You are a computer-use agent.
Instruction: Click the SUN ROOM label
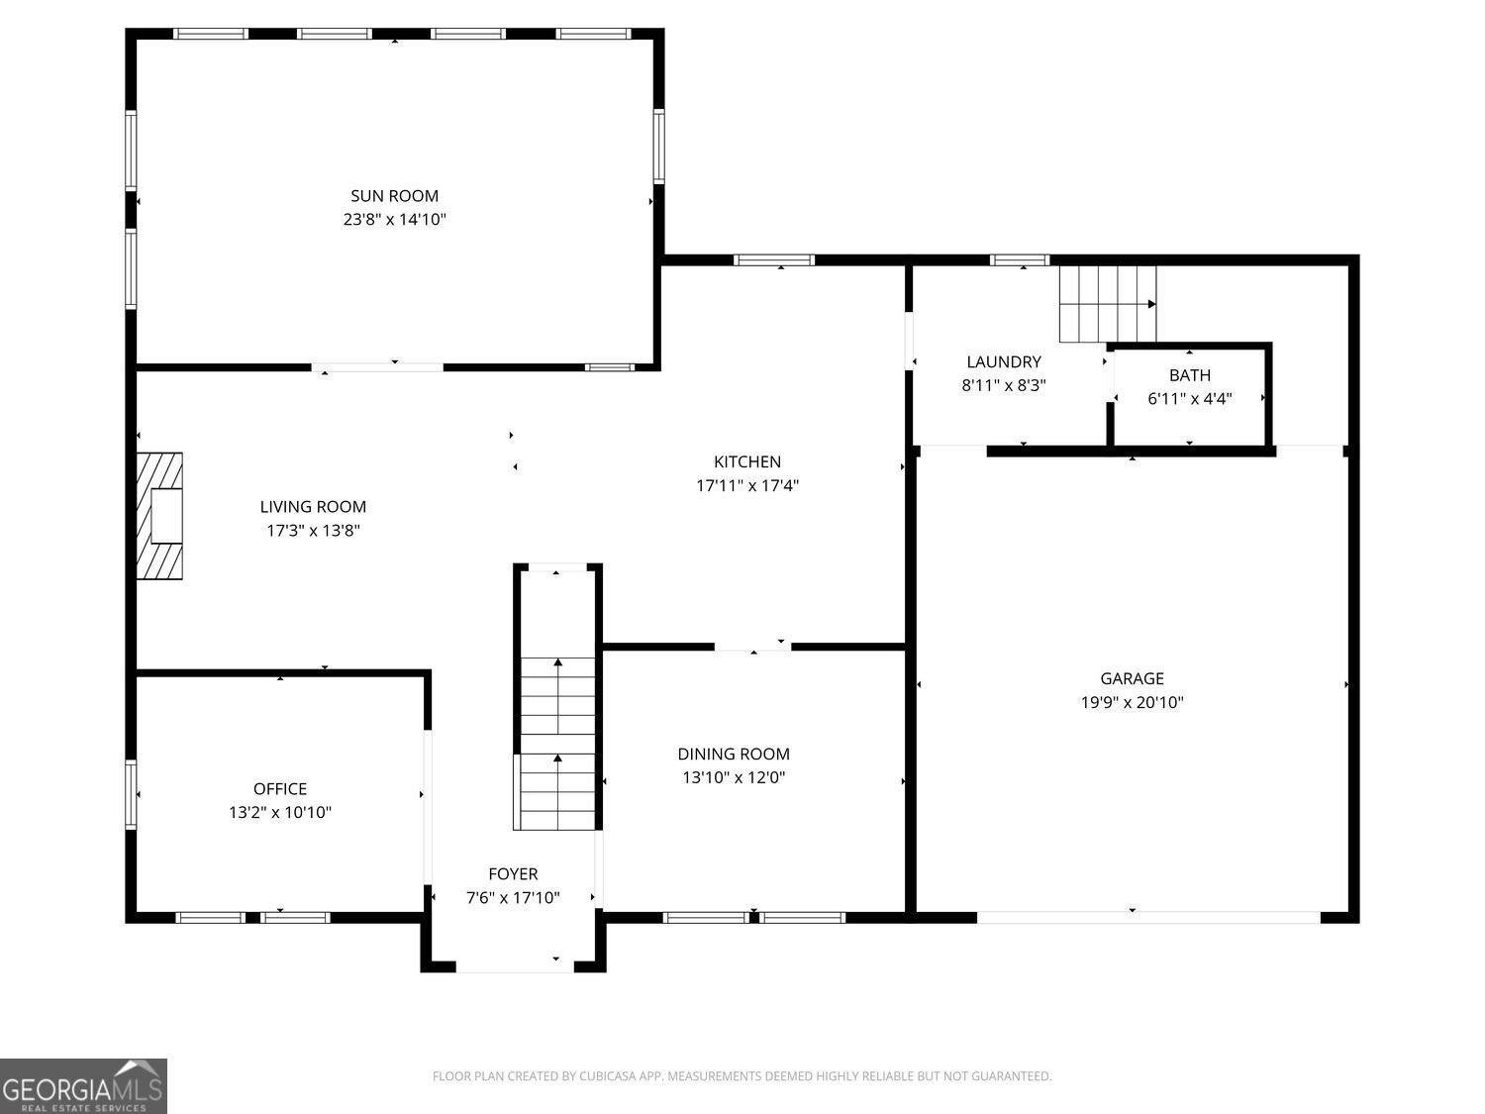(394, 196)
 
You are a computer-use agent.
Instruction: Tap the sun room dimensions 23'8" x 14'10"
(394, 219)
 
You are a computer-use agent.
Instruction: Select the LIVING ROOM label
(313, 507)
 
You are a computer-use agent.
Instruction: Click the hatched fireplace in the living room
(159, 516)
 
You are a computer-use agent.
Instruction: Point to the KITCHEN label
(747, 462)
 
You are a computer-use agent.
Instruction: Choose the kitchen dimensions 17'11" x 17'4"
(747, 485)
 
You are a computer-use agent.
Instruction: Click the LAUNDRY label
(1004, 361)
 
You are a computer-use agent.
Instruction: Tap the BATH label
(1190, 375)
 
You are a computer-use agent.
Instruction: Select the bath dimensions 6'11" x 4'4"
(1190, 398)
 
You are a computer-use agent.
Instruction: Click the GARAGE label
(1132, 678)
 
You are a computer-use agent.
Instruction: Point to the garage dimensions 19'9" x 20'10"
(1132, 702)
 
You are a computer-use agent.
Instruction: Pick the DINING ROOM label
(734, 755)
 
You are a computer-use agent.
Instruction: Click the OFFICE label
(280, 788)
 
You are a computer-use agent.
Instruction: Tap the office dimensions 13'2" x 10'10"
(280, 812)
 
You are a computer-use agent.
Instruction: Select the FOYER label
(513, 874)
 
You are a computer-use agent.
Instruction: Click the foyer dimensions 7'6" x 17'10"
(513, 897)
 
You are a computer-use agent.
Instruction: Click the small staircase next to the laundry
(1108, 304)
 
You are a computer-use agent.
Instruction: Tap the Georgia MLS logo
(83, 1085)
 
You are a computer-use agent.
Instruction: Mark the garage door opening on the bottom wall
(1148, 918)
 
